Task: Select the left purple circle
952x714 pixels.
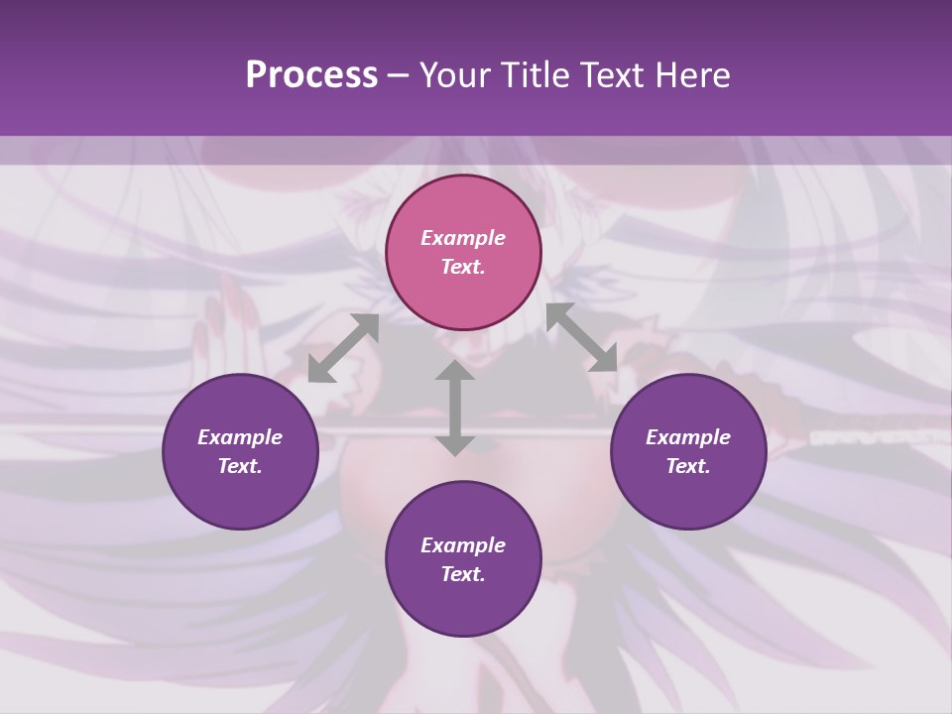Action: click(x=240, y=451)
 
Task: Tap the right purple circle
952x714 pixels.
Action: click(x=688, y=451)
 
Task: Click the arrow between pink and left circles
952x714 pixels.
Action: click(x=343, y=348)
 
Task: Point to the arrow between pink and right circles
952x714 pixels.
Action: click(x=582, y=337)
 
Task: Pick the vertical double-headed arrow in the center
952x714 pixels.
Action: click(x=454, y=408)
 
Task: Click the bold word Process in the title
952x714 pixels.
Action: click(x=311, y=75)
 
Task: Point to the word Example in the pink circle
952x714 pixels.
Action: click(x=463, y=238)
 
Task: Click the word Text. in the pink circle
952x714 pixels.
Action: click(x=463, y=267)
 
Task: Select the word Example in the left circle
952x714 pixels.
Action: click(x=240, y=437)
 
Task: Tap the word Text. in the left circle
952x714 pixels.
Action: click(x=240, y=466)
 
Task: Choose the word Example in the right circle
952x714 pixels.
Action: click(x=688, y=437)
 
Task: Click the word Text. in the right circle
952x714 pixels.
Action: click(x=688, y=466)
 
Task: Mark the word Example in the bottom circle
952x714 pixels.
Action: click(x=463, y=545)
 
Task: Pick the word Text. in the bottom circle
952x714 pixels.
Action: click(x=463, y=574)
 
